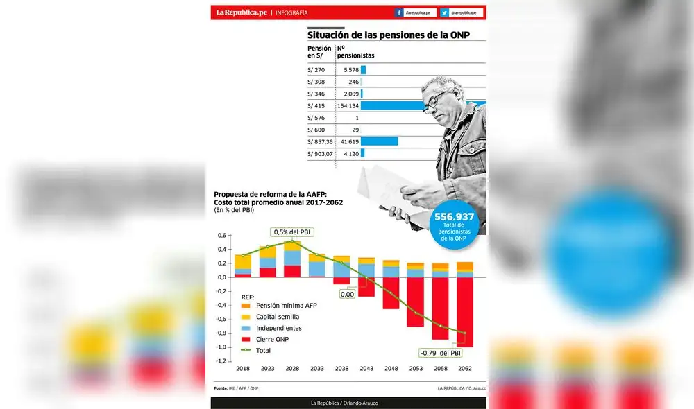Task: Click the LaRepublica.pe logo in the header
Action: point(241,12)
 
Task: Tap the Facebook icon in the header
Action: point(400,12)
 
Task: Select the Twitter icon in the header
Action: point(444,12)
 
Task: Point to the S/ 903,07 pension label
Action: point(320,153)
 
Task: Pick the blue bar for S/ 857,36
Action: point(379,141)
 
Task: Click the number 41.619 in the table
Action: point(349,141)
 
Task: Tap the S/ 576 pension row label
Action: point(316,118)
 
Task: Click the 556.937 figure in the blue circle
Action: point(455,217)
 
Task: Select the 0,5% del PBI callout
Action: point(291,232)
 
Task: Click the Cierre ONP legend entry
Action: point(275,339)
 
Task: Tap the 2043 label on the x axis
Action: point(366,369)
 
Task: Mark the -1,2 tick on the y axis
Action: point(222,361)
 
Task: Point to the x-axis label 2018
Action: point(242,369)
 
